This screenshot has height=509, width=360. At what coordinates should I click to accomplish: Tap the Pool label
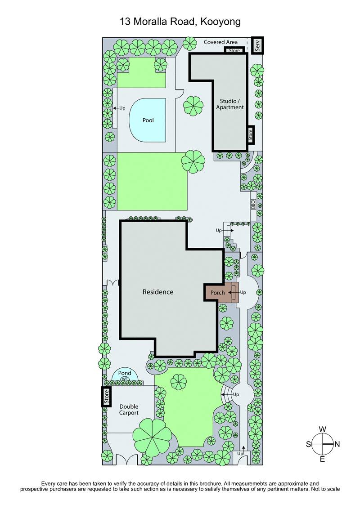(x=148, y=120)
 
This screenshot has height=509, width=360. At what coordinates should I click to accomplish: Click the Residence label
(x=158, y=292)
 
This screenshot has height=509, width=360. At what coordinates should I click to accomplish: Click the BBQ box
(x=253, y=205)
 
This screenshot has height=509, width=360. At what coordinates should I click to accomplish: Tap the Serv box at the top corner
(x=258, y=45)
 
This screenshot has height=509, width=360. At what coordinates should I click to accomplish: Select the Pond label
(x=125, y=373)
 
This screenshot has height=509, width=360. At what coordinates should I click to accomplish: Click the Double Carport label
(x=129, y=409)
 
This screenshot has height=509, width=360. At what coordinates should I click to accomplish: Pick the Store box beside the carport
(x=107, y=397)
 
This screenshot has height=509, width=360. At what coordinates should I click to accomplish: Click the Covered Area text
(x=220, y=42)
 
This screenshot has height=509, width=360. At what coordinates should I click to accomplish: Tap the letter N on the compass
(x=337, y=444)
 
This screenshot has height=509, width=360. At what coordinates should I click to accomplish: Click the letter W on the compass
(x=323, y=429)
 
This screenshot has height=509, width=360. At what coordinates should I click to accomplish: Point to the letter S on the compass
(x=309, y=444)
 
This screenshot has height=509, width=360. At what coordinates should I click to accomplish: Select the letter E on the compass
(x=323, y=459)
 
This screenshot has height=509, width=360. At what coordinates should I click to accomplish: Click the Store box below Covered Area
(x=234, y=50)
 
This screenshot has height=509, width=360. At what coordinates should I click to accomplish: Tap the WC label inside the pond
(x=125, y=380)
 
